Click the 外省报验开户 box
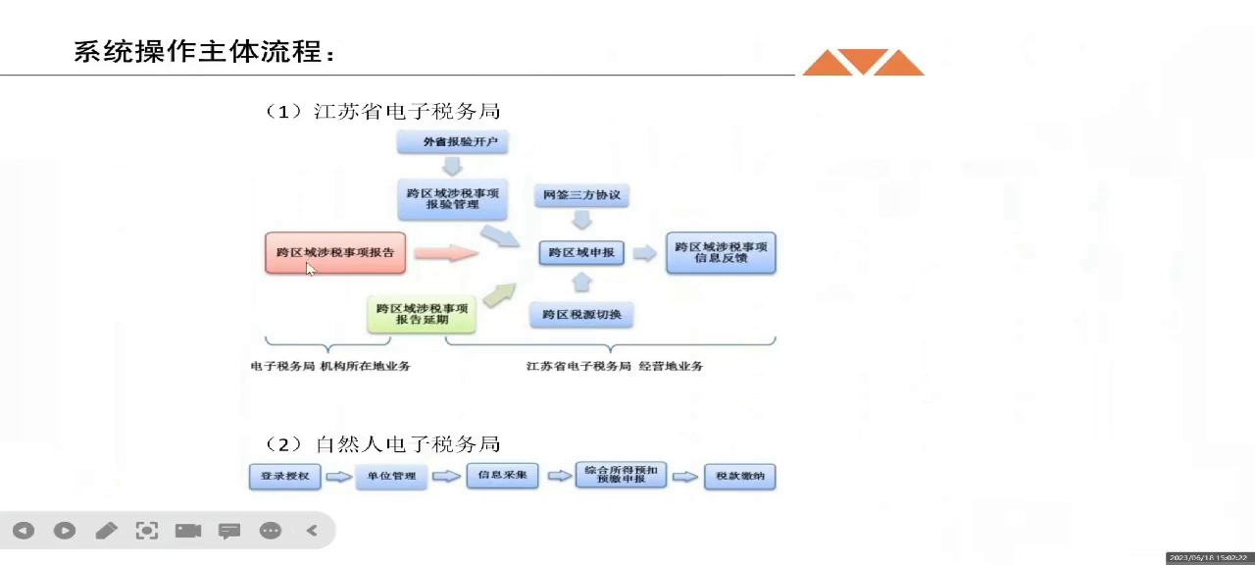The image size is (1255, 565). [x=453, y=142]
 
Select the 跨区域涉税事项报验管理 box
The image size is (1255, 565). [x=453, y=198]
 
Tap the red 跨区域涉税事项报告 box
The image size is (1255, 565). [x=335, y=253]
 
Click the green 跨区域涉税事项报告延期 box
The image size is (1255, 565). [x=423, y=314]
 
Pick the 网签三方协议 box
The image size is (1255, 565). [x=582, y=195]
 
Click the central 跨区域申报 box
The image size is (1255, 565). [x=581, y=253]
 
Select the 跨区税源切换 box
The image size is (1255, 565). [x=581, y=315]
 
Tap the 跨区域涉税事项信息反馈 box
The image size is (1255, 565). [x=721, y=253]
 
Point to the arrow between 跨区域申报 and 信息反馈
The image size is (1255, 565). [x=644, y=253]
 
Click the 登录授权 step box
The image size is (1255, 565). [x=284, y=477]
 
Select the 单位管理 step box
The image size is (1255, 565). [x=391, y=477]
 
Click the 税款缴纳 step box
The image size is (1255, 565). [x=739, y=477]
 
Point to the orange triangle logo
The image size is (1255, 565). [x=863, y=62]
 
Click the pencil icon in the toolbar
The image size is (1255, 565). [x=106, y=531]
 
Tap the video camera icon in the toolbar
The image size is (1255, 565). [x=188, y=531]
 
